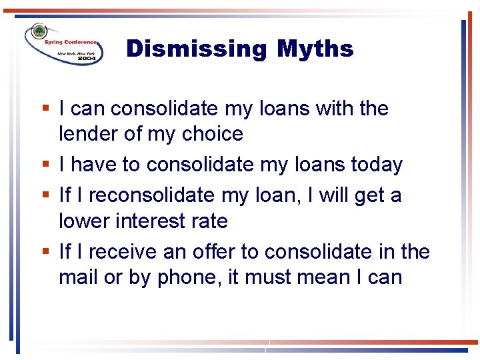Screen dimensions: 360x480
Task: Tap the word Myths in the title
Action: (x=315, y=49)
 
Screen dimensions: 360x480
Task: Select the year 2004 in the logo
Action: (x=87, y=59)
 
